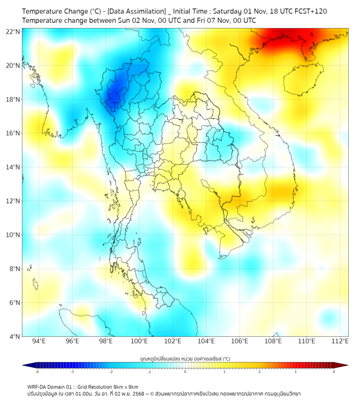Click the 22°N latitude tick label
tap(13, 31)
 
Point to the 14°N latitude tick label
tap(13, 167)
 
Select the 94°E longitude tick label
tap(39, 341)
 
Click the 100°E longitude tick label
tap(139, 341)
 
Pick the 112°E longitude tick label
tap(340, 341)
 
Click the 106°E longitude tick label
tap(240, 341)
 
